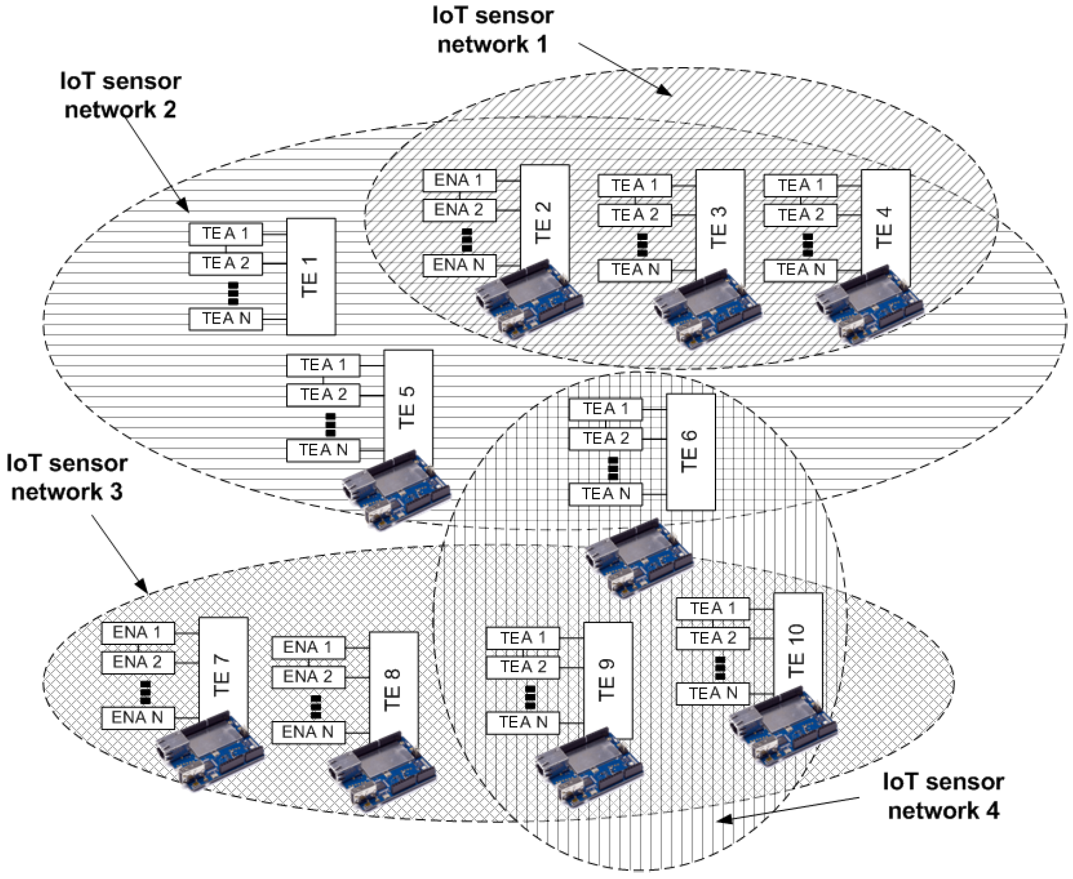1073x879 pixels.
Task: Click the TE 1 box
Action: click(x=311, y=276)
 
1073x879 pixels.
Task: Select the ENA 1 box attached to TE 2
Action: click(x=459, y=180)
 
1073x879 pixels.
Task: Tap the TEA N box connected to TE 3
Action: click(x=635, y=270)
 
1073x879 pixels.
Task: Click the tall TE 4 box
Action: click(x=885, y=228)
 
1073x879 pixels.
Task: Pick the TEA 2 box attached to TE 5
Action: click(x=323, y=394)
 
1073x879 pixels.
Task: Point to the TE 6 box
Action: click(x=690, y=452)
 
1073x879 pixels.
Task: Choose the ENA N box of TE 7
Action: click(x=137, y=717)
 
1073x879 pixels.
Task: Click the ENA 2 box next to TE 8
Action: click(x=308, y=677)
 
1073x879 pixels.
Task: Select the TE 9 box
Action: click(x=608, y=680)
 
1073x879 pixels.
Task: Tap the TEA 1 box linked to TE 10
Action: click(x=712, y=608)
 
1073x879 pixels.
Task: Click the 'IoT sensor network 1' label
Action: click(x=493, y=29)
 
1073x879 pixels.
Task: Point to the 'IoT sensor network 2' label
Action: click(x=120, y=95)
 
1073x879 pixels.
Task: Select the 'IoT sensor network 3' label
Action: click(x=67, y=477)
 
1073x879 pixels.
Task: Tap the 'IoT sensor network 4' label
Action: click(x=943, y=796)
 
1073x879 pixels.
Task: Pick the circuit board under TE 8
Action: click(x=380, y=771)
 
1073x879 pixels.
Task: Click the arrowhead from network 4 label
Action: click(x=723, y=819)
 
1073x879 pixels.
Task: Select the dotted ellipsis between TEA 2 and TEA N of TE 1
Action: click(x=233, y=292)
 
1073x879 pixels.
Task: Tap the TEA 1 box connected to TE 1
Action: click(x=225, y=234)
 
